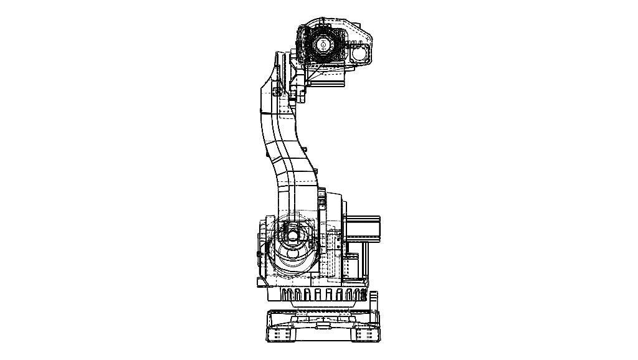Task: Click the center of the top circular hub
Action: (x=323, y=45)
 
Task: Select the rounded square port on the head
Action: (x=360, y=54)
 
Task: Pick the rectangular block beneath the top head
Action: (x=328, y=78)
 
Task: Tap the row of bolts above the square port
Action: (x=359, y=43)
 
